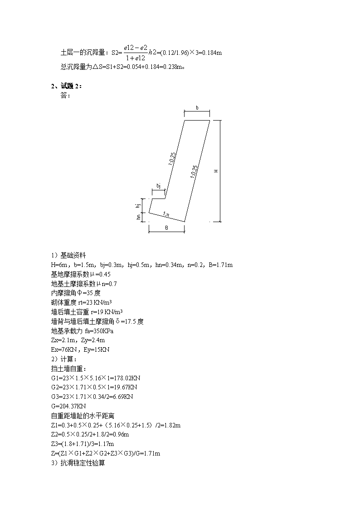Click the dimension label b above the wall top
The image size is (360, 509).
point(197,108)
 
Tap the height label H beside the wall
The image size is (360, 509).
point(216,171)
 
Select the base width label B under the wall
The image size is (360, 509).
point(166,228)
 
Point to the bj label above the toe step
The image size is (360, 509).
point(158,186)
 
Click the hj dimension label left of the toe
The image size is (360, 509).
point(138,205)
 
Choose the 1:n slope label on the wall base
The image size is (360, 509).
point(166,214)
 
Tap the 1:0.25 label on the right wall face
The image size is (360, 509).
point(194,172)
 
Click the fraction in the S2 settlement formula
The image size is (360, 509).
point(136,53)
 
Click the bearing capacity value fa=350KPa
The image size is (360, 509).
point(99,331)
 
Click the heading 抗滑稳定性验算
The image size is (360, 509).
point(83,463)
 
